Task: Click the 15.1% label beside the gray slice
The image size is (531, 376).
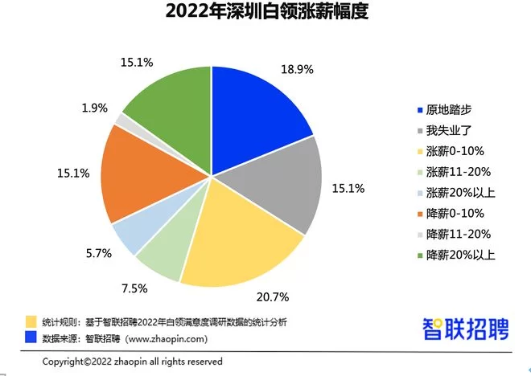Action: point(348,189)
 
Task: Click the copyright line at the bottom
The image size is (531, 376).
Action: point(132,362)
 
